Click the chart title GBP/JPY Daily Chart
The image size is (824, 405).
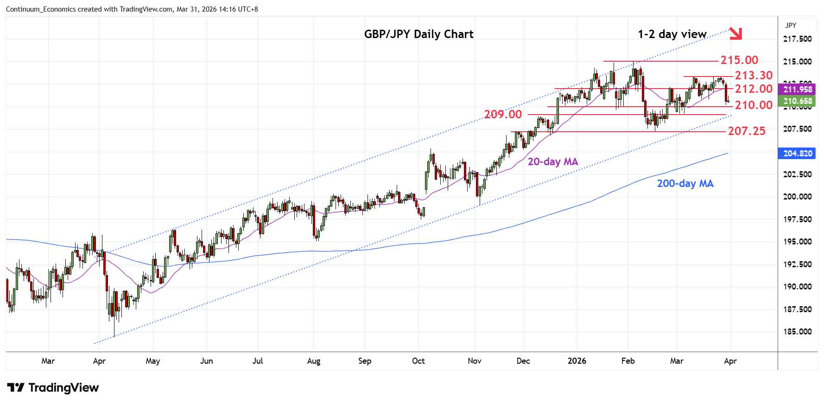pyautogui.click(x=418, y=34)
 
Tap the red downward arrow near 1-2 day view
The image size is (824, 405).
pyautogui.click(x=735, y=33)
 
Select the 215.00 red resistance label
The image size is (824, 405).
pyautogui.click(x=739, y=60)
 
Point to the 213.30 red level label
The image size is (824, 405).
pyautogui.click(x=754, y=75)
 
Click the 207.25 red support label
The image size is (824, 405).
pyautogui.click(x=747, y=131)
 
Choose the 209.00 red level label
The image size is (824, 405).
pyautogui.click(x=503, y=114)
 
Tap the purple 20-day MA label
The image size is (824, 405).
pyautogui.click(x=552, y=162)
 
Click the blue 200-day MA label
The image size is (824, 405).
pyautogui.click(x=685, y=184)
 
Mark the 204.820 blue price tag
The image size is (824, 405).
pyautogui.click(x=797, y=154)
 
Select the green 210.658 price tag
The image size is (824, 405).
pyautogui.click(x=797, y=101)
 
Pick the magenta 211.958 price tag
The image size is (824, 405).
pyautogui.click(x=797, y=90)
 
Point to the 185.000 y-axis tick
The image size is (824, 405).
pyautogui.click(x=797, y=332)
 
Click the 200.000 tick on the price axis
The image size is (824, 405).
pyautogui.click(x=797, y=197)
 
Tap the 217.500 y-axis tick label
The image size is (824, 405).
pyautogui.click(x=797, y=39)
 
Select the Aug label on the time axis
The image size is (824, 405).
pyautogui.click(x=314, y=361)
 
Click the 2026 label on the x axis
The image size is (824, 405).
pyautogui.click(x=577, y=361)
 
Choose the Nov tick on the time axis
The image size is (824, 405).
pyautogui.click(x=475, y=361)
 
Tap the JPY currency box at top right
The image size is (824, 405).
pyautogui.click(x=791, y=26)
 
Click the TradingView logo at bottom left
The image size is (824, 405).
pyautogui.click(x=53, y=388)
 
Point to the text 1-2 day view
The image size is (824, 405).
pyautogui.click(x=672, y=34)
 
